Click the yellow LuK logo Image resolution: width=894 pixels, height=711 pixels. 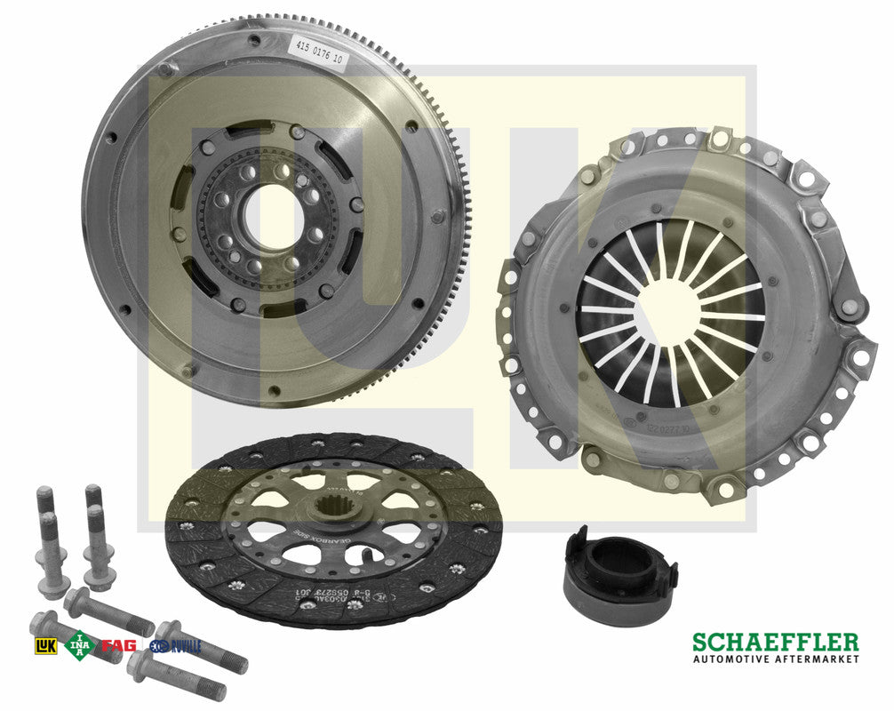[x=44, y=645]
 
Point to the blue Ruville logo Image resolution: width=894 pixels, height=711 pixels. [x=175, y=646]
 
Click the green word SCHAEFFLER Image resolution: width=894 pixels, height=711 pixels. [x=775, y=642]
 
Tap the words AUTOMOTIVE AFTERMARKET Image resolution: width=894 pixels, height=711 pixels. [x=775, y=659]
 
